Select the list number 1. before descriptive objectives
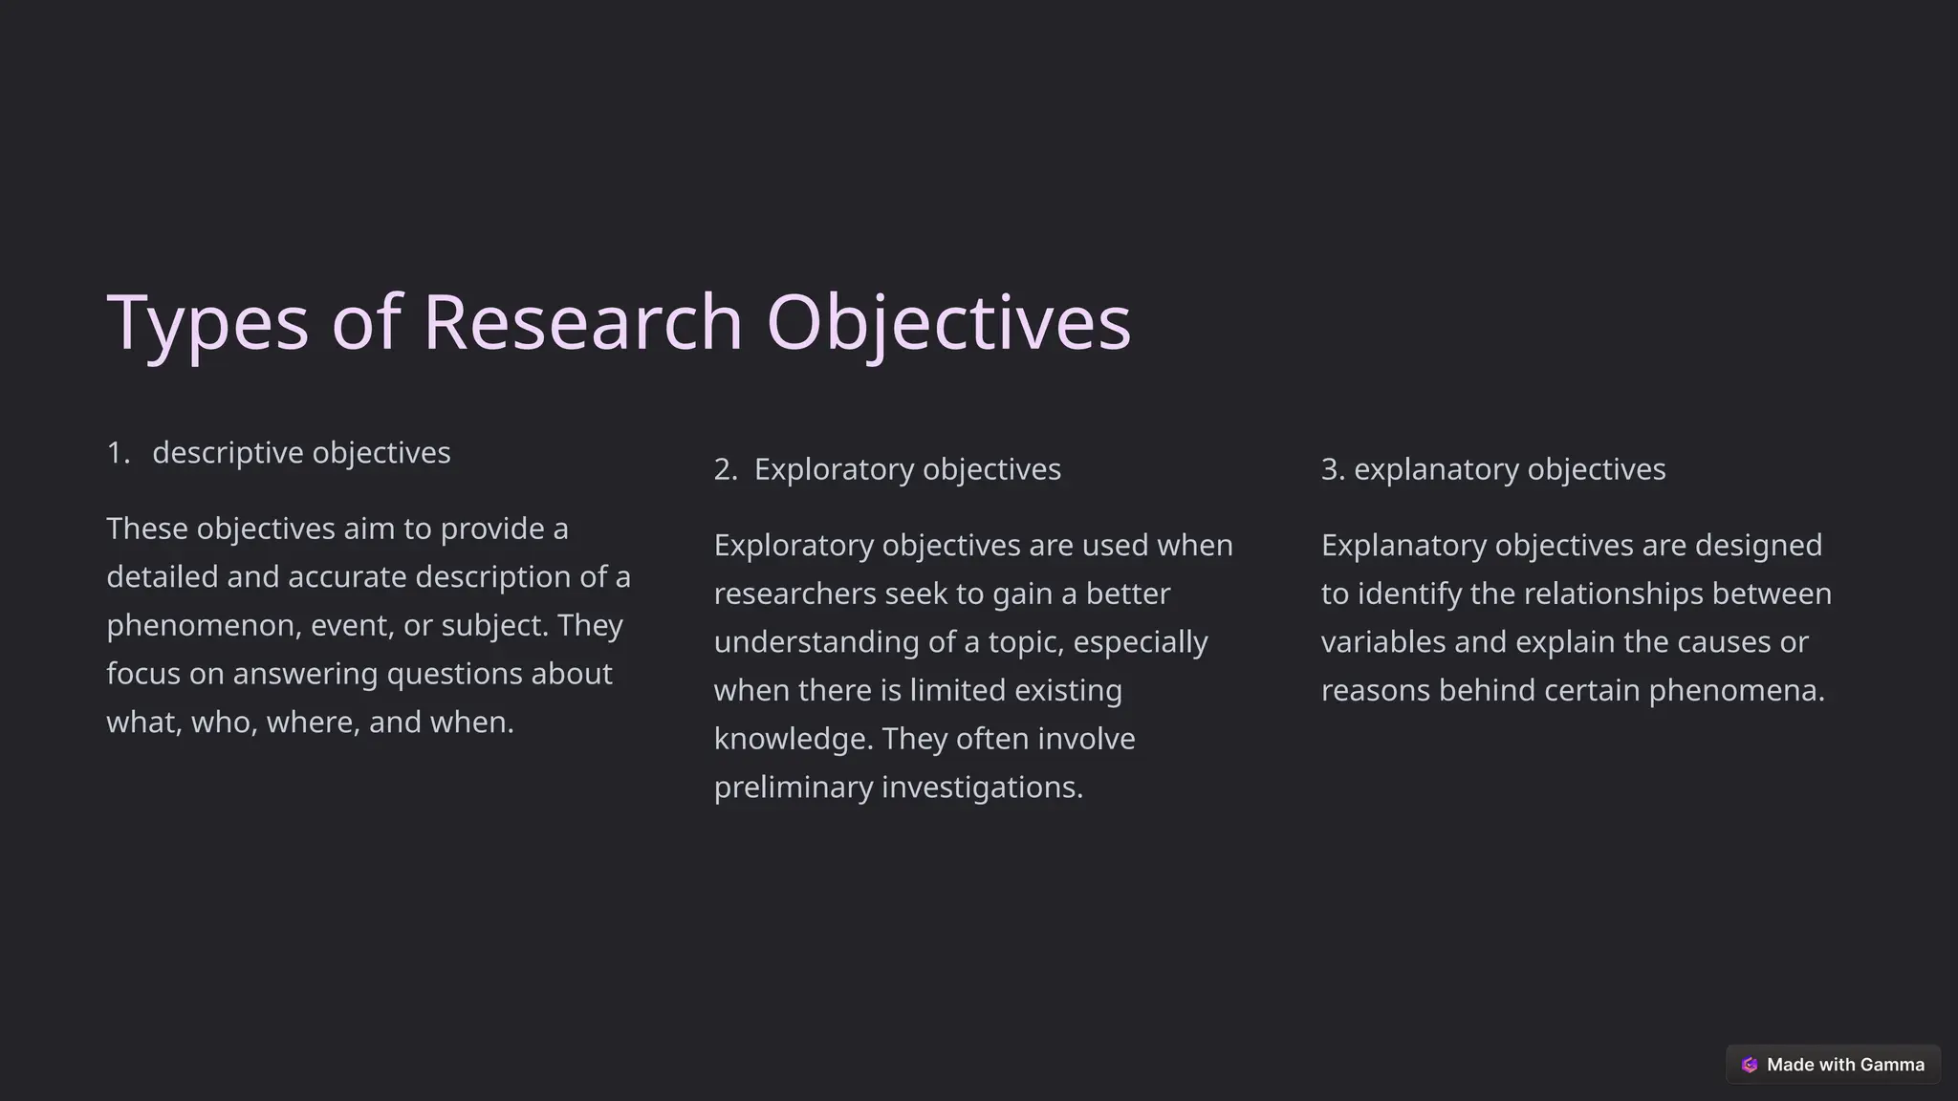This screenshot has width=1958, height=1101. tap(118, 452)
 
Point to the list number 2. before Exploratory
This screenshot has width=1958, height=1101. tap(726, 469)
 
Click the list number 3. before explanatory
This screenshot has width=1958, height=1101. tap(1333, 469)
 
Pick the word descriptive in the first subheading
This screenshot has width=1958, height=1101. tap(228, 452)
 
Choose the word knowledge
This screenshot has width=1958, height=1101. tap(791, 739)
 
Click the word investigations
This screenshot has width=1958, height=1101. tap(982, 787)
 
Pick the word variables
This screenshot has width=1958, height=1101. tap(1382, 641)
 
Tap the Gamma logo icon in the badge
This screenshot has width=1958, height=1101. tap(1750, 1065)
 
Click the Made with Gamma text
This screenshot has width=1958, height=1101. tap(1845, 1065)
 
